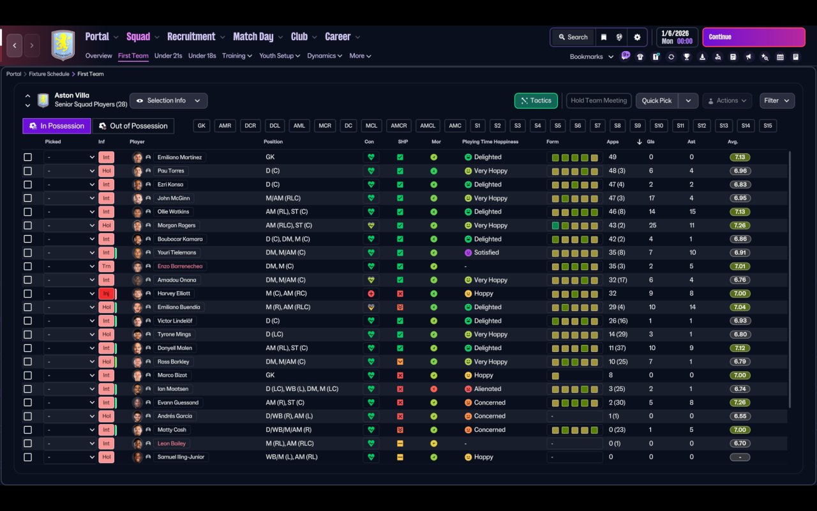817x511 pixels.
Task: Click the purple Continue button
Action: pos(753,37)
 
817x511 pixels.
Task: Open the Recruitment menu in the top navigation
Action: pos(191,37)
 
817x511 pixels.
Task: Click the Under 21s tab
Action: pos(168,56)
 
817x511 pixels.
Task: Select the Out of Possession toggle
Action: pos(133,126)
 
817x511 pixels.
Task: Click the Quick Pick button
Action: pos(657,101)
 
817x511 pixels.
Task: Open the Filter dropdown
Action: pos(777,101)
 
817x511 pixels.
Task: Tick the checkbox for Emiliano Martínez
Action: pos(27,157)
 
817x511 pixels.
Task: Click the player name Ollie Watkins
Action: pos(173,211)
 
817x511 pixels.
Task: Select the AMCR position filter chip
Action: pos(399,126)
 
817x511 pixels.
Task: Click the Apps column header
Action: pos(613,142)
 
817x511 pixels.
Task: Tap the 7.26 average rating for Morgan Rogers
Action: pos(740,225)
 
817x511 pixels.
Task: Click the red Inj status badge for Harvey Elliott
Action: pos(106,294)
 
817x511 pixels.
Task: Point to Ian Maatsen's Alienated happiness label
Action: pos(488,389)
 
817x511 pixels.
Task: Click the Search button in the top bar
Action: pos(572,37)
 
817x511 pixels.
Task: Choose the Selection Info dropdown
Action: pos(169,101)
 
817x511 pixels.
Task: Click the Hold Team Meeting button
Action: pos(599,101)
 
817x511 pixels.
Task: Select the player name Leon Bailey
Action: pos(173,443)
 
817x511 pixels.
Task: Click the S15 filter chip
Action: pos(768,126)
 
